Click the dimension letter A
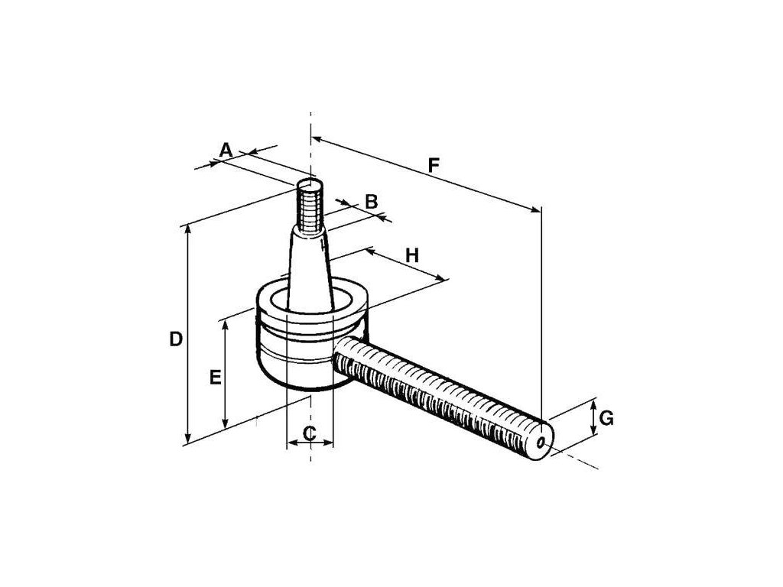(x=226, y=150)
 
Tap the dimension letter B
(x=372, y=202)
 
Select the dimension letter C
(x=309, y=433)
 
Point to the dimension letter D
(x=176, y=339)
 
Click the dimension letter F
(x=434, y=164)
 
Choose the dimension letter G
(x=606, y=417)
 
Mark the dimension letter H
(x=412, y=255)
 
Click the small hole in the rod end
(x=541, y=442)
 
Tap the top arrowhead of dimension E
(x=225, y=324)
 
